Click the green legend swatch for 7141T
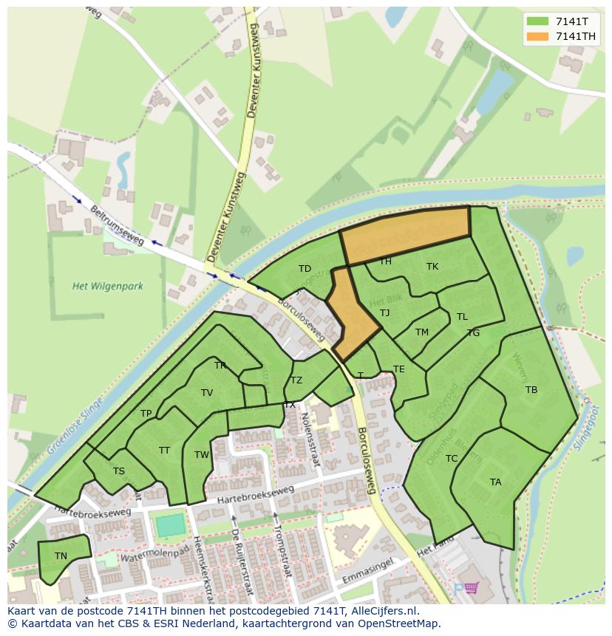point(538,21)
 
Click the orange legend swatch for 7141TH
point(538,36)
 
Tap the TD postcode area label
point(305,269)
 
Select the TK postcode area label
point(432,267)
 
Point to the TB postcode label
point(531,390)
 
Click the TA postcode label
point(495,482)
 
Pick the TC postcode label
point(452,459)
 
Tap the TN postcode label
point(61,556)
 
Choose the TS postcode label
point(118,471)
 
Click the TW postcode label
point(202,455)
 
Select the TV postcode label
point(207,393)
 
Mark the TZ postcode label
point(296,380)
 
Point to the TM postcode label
point(422,332)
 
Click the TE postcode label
point(399,369)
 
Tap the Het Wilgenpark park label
point(108,286)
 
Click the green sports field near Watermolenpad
point(171,526)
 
